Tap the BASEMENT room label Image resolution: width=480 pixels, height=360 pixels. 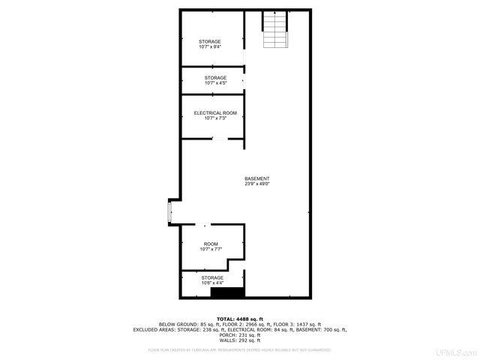tap(256, 178)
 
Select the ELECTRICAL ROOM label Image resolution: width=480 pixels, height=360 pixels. tap(210, 112)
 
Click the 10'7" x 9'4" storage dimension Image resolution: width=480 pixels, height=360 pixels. tap(210, 46)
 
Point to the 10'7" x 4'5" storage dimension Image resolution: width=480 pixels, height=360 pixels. tap(216, 83)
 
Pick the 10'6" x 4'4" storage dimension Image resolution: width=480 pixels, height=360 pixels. tap(211, 283)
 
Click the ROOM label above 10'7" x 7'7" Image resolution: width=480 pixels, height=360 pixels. tap(211, 244)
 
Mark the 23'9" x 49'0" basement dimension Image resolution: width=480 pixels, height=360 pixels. tap(256, 184)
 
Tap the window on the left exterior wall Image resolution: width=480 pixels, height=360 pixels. tap(169, 213)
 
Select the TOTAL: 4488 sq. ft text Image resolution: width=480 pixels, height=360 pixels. tap(240, 319)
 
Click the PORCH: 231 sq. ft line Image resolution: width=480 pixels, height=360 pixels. tap(240, 334)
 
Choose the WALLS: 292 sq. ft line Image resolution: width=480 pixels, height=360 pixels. tap(240, 340)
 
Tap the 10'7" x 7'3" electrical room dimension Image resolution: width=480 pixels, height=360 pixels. tap(210, 118)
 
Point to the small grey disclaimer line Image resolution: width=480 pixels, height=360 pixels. tap(240, 349)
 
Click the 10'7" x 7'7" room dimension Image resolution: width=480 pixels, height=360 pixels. tap(211, 250)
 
